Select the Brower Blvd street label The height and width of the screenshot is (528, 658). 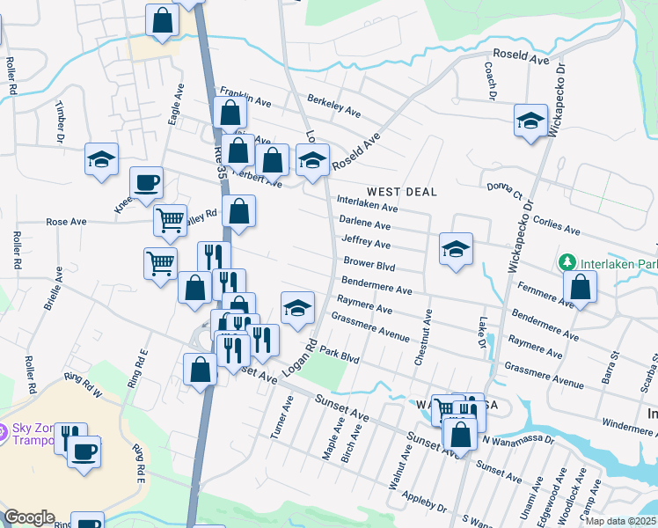pyautogui.click(x=369, y=264)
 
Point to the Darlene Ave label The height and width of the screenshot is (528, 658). pyautogui.click(x=364, y=225)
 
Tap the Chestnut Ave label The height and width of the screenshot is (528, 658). pyautogui.click(x=429, y=337)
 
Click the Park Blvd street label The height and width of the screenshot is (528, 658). pyautogui.click(x=340, y=356)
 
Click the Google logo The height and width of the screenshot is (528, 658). pyautogui.click(x=29, y=517)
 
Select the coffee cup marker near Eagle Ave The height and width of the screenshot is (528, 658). pyautogui.click(x=146, y=183)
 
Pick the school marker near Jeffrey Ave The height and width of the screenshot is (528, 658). pyautogui.click(x=456, y=250)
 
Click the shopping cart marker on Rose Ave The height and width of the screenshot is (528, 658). pyautogui.click(x=170, y=218)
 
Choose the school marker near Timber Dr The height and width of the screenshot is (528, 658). pyautogui.click(x=102, y=159)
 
